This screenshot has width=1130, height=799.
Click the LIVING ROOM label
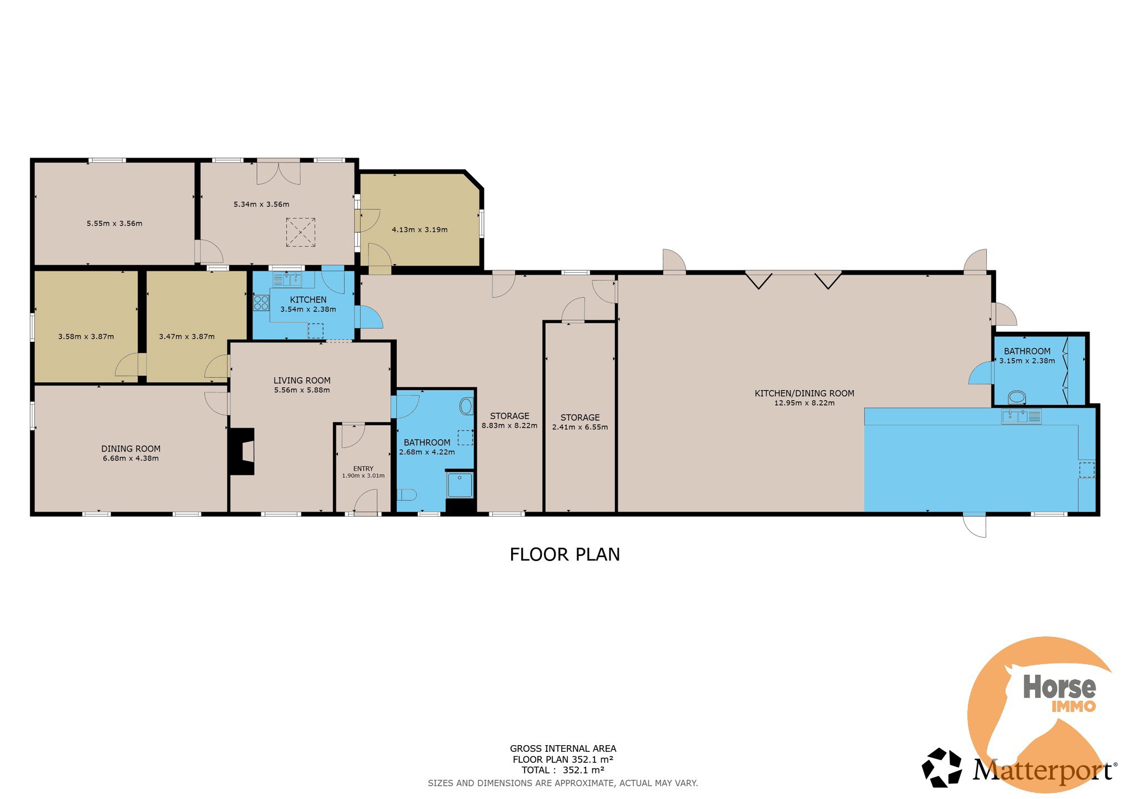click(x=302, y=380)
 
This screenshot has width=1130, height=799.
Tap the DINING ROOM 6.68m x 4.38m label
click(x=131, y=453)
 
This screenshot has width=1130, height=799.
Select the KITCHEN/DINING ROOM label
click(x=804, y=393)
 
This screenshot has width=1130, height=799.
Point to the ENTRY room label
click(x=364, y=468)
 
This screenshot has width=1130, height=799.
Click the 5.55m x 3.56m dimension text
click(x=114, y=224)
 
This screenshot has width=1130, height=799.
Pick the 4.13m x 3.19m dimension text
click(x=420, y=230)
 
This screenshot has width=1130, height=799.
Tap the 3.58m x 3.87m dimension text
click(x=86, y=336)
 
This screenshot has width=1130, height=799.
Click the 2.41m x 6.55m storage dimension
click(x=580, y=427)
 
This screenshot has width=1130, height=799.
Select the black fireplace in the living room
click(x=242, y=451)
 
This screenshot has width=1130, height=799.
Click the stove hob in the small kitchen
click(x=261, y=303)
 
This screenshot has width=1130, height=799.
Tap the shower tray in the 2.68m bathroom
click(x=460, y=486)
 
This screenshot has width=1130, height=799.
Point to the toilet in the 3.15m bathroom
click(x=1017, y=397)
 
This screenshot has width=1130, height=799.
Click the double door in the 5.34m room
click(x=279, y=172)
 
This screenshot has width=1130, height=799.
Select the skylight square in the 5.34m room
click(x=301, y=232)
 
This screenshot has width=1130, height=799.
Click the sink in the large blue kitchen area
click(x=1021, y=416)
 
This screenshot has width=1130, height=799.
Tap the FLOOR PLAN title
click(x=564, y=554)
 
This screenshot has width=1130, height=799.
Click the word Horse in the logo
click(x=1060, y=687)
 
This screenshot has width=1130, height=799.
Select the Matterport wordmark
click(x=1042, y=772)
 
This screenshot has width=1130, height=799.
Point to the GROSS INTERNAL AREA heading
click(x=563, y=749)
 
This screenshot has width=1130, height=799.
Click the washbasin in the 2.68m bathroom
click(x=466, y=406)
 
